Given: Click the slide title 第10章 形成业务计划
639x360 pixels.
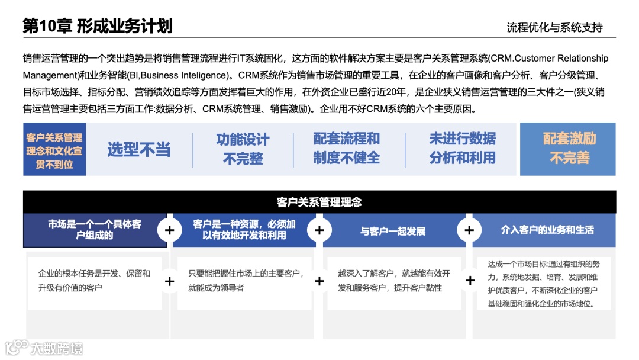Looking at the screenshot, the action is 98,26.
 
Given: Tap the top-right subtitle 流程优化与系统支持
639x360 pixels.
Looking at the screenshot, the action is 554,27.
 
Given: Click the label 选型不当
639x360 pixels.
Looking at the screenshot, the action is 139,150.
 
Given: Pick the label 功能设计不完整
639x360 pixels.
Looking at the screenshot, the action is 243,149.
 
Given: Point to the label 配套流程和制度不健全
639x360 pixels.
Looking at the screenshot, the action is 347,149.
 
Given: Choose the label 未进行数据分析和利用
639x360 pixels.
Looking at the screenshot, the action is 463,149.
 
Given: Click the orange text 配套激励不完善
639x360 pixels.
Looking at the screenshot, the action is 569,149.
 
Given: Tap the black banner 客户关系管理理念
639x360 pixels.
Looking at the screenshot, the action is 319,202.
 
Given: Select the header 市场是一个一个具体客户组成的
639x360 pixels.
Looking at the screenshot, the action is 95,230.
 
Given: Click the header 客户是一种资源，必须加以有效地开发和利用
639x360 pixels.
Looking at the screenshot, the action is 244,230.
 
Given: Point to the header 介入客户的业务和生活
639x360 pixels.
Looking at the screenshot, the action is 547,230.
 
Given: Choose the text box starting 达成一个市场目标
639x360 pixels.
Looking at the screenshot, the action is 543,283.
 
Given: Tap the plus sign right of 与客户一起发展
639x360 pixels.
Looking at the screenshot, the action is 470,230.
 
